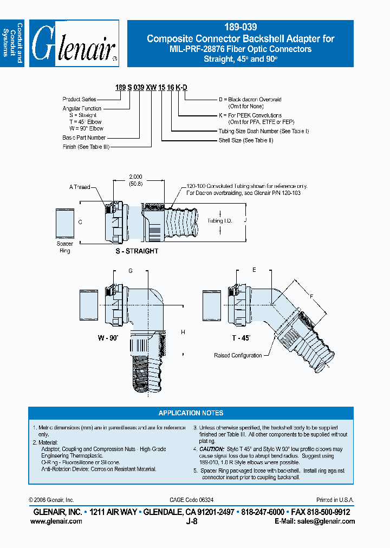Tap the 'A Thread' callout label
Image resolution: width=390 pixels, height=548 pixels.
pyautogui.click(x=80, y=187)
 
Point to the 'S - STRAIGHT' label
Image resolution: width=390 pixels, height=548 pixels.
pyautogui.click(x=136, y=251)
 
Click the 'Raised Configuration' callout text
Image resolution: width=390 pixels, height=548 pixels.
pyautogui.click(x=238, y=356)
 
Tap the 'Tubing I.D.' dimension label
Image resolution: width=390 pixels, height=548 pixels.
pyautogui.click(x=219, y=221)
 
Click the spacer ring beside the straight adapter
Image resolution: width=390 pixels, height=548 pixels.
pyautogui.click(x=65, y=223)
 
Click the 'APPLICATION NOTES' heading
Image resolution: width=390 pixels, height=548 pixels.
pyautogui.click(x=191, y=413)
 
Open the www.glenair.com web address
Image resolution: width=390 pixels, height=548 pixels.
pyautogui.click(x=56, y=521)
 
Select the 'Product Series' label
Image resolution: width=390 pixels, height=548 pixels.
pyautogui.click(x=80, y=100)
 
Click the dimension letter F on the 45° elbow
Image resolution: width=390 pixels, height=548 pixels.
pyautogui.click(x=312, y=296)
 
